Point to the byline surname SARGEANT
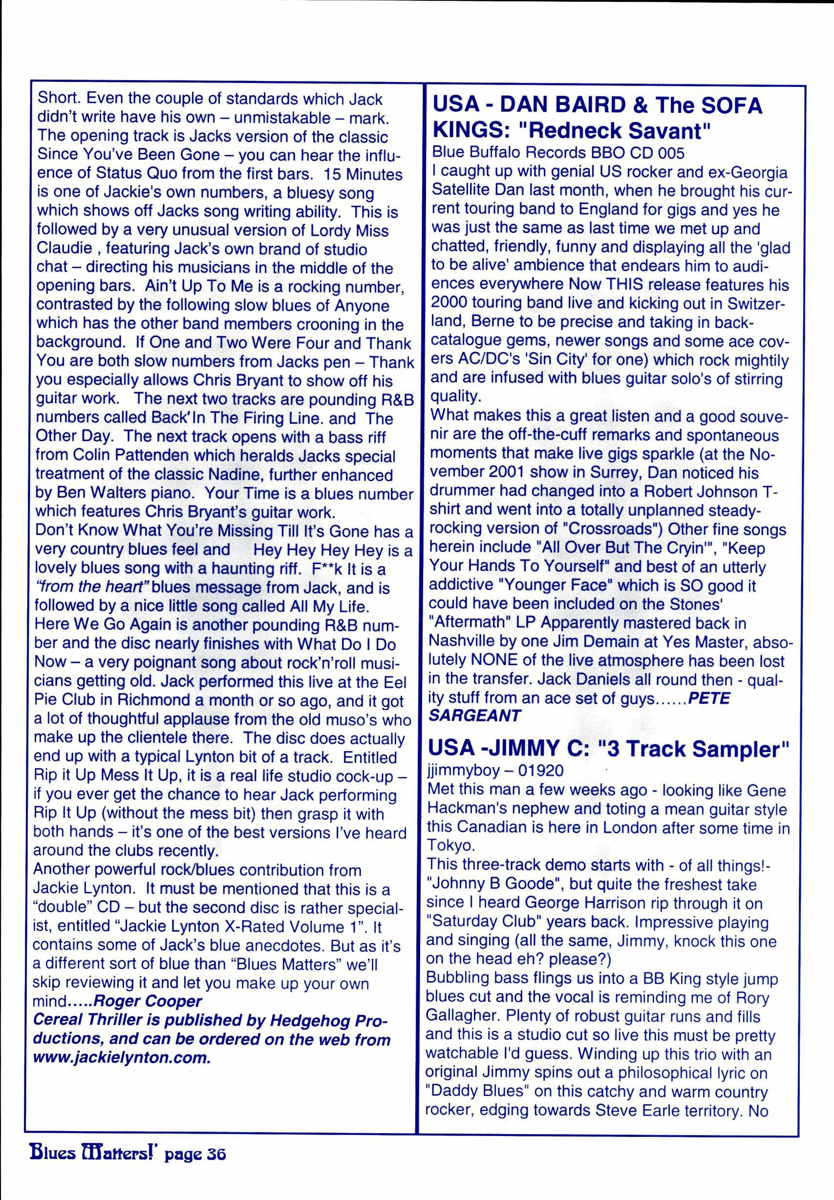474,715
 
